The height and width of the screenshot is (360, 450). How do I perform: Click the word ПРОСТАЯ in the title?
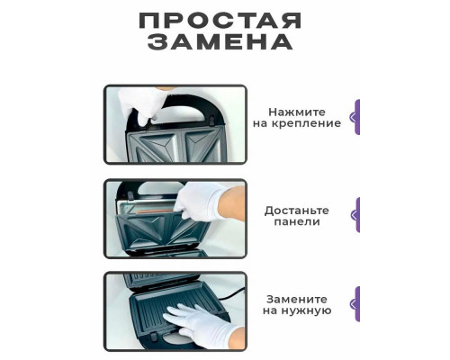point(220,21)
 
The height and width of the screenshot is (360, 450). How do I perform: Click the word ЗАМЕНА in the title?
point(220,42)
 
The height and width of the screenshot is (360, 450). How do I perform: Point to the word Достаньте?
point(296,210)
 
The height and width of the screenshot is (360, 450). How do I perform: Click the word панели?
point(297,224)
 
